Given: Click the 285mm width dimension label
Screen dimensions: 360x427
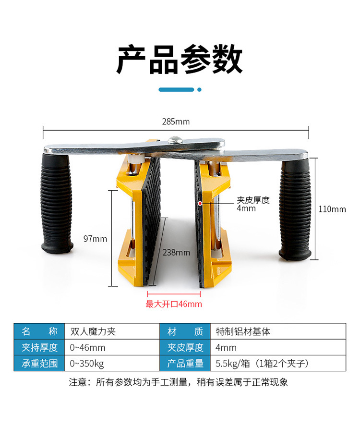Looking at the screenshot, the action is click(176, 122).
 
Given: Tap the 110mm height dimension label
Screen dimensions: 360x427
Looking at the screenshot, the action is click(332, 209).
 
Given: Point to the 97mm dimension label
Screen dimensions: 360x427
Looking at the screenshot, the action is click(95, 239).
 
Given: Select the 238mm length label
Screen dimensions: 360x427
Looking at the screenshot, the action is click(176, 253).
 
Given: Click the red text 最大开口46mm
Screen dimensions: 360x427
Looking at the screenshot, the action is click(174, 304).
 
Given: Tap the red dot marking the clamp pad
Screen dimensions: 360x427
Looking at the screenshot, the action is click(200, 203).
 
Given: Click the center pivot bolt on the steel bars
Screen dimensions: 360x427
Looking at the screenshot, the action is click(175, 140).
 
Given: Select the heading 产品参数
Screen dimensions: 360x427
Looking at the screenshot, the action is click(180, 59).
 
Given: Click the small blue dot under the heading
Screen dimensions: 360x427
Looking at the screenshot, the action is click(200, 90).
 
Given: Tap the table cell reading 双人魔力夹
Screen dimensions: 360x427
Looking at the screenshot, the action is click(112, 331).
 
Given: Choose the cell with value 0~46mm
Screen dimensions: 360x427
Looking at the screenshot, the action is click(112, 347).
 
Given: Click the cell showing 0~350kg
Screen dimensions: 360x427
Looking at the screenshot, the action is click(112, 363).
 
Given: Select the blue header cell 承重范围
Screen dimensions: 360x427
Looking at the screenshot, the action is click(39, 363).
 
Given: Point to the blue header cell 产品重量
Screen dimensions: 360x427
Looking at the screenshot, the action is click(185, 363).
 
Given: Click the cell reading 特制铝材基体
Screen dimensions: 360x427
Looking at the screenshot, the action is click(278, 331).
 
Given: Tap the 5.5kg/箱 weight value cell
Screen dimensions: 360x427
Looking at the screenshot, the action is click(278, 363).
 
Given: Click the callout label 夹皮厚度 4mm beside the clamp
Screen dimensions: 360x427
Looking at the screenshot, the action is click(253, 204).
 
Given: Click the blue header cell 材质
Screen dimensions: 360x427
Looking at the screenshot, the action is click(185, 331).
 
